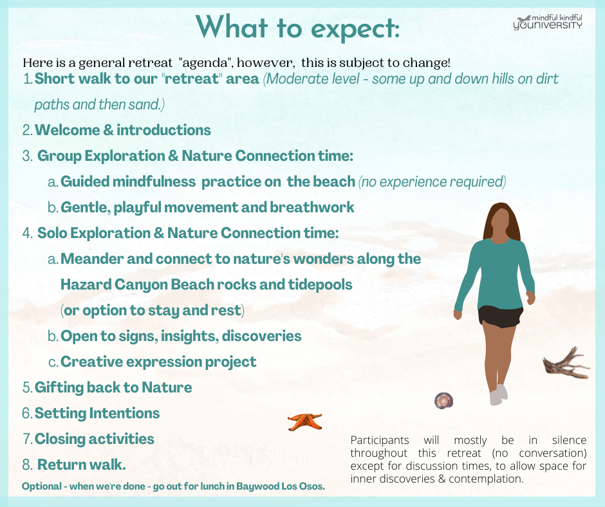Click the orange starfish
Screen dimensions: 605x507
(x=305, y=421)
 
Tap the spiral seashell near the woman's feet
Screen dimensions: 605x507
(x=443, y=400)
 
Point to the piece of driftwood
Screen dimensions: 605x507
(x=566, y=364)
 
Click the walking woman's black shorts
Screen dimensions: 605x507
(x=501, y=317)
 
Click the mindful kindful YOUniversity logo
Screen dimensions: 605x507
(x=548, y=22)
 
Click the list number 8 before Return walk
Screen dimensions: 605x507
(x=27, y=465)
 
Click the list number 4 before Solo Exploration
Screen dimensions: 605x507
(x=27, y=233)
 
